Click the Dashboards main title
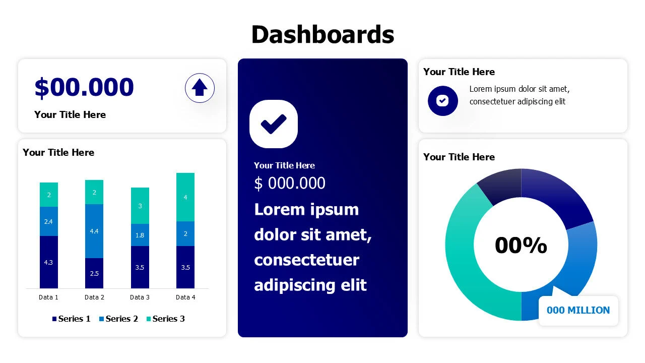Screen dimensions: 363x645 tap(322, 34)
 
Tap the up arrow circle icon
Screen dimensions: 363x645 tap(200, 88)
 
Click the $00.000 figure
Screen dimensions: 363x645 tap(84, 87)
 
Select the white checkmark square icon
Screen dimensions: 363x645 tap(274, 124)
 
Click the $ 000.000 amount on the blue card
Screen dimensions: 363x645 tap(290, 183)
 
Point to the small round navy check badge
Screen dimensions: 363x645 tap(442, 101)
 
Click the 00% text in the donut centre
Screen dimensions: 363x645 tap(521, 246)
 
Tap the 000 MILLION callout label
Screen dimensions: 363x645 tap(578, 311)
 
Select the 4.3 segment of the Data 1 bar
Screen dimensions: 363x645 tap(49, 262)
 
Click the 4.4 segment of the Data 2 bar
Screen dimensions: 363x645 tap(94, 231)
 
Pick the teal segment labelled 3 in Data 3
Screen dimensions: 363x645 tap(140, 206)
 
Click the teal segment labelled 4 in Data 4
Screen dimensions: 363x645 tap(185, 197)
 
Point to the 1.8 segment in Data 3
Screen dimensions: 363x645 tap(140, 235)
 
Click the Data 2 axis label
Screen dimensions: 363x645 tap(94, 297)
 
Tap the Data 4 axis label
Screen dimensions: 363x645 tap(185, 297)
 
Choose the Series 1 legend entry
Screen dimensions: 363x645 tap(72, 319)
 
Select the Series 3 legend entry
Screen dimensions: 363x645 tap(165, 319)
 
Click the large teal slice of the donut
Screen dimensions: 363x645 tap(466, 262)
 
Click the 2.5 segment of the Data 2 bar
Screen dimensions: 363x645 tap(94, 273)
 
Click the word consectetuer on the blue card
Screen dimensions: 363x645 tap(306, 260)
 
